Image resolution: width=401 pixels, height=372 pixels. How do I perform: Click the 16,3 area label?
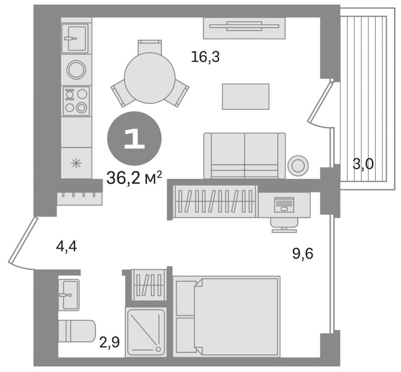[x=205, y=57]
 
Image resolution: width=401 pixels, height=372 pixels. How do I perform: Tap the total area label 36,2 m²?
[x=134, y=177]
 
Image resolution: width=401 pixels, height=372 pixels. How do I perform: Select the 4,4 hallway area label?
[x=66, y=247]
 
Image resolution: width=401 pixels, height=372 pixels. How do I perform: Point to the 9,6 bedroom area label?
[x=303, y=254]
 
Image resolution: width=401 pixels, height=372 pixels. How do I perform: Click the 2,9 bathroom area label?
[x=109, y=342]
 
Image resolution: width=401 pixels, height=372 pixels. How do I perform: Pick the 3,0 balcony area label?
[x=363, y=164]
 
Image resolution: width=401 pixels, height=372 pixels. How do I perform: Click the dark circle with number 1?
[x=134, y=138]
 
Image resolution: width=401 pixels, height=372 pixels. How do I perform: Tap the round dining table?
[x=149, y=78]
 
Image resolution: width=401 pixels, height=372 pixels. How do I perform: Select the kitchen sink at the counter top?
[x=75, y=39]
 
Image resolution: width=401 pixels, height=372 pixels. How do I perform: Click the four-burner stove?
[x=76, y=101]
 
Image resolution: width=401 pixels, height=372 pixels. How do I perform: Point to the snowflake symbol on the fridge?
[x=76, y=163]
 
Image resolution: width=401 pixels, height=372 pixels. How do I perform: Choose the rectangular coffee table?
[x=246, y=96]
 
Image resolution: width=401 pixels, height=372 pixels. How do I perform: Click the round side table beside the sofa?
[x=298, y=166]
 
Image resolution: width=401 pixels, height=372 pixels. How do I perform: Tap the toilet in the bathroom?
[x=77, y=331]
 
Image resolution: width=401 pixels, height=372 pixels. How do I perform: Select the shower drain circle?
[x=158, y=349]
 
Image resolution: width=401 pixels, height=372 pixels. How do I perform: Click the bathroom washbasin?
[x=69, y=295]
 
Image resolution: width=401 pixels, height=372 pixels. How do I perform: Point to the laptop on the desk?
[x=284, y=205]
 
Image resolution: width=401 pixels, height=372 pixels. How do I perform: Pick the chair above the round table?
[x=149, y=47]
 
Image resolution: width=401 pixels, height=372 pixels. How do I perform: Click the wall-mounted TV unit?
[x=244, y=28]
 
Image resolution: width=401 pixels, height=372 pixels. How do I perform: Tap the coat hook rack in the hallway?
[x=80, y=199]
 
